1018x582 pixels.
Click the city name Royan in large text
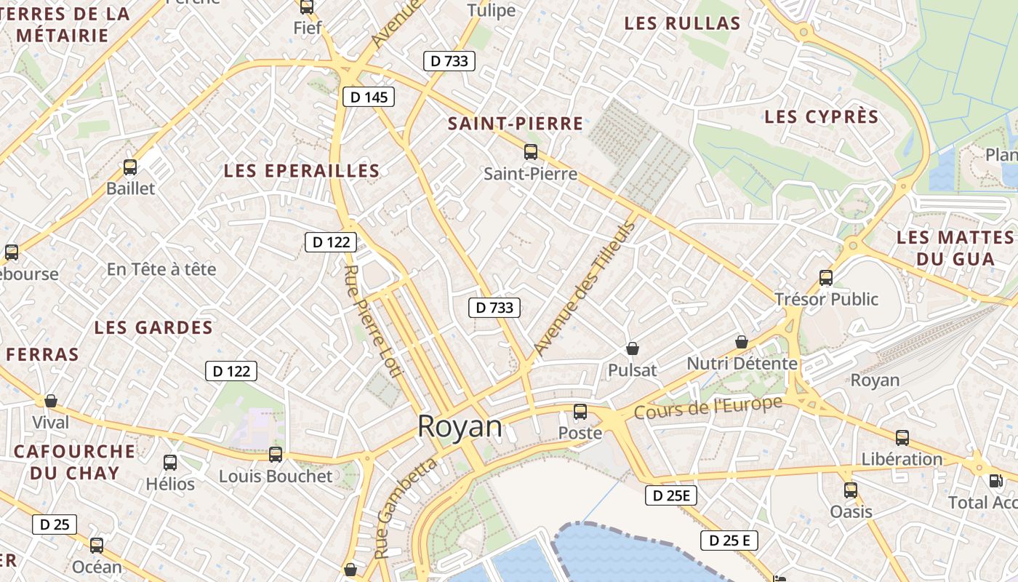tap(460, 427)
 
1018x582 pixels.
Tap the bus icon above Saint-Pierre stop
tap(531, 152)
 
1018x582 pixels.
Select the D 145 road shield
tap(369, 97)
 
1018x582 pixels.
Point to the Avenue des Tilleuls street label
tap(584, 288)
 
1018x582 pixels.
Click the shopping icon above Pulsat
tap(633, 349)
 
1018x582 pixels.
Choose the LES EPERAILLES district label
tap(302, 171)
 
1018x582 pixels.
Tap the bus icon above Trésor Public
tap(826, 277)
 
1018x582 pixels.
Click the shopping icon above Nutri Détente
tap(742, 341)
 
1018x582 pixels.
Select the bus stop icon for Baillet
tap(130, 167)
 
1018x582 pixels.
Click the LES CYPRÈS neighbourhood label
tap(822, 116)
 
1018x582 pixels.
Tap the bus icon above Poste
tap(580, 412)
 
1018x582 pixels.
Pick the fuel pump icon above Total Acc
tap(995, 481)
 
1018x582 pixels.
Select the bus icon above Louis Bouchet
tap(276, 455)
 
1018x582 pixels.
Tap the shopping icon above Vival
tap(51, 401)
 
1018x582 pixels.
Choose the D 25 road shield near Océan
tap(55, 524)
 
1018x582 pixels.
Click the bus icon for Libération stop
tap(902, 437)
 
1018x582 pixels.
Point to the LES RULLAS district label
tap(682, 23)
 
